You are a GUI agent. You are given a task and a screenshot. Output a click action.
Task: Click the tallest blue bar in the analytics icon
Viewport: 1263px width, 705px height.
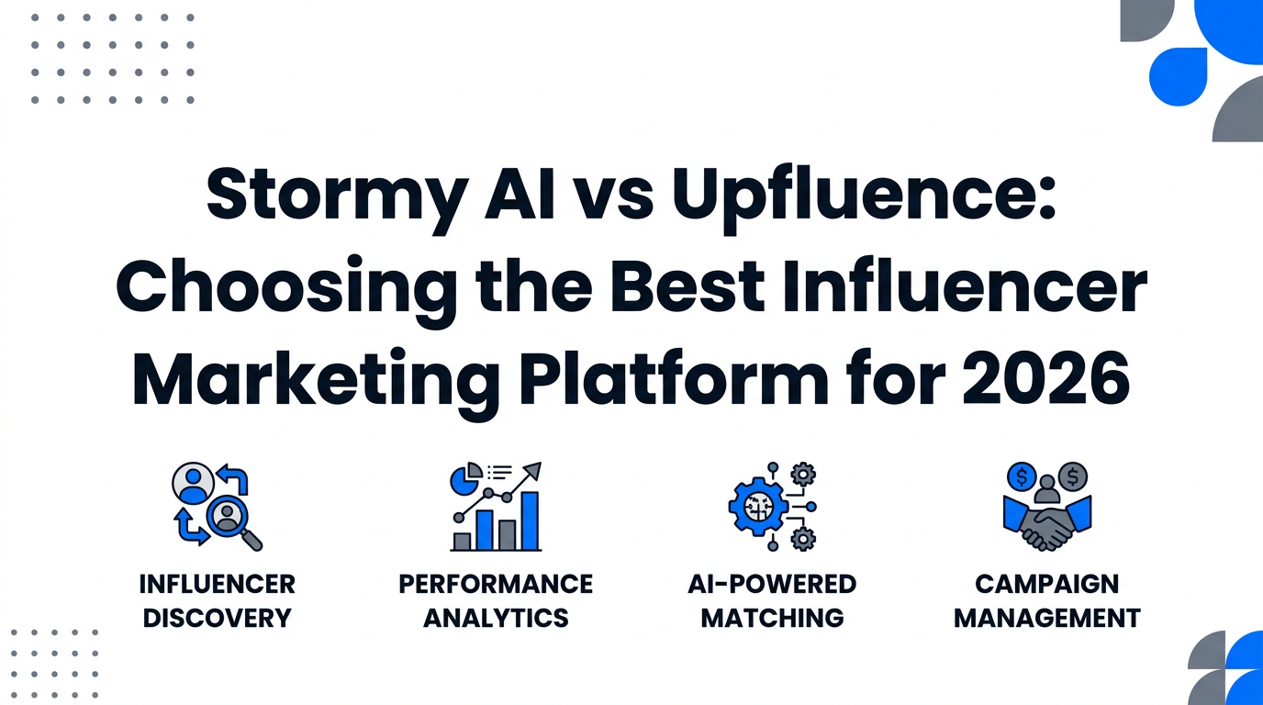529,520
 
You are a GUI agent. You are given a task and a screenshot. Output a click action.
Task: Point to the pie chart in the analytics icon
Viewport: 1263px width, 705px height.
465,478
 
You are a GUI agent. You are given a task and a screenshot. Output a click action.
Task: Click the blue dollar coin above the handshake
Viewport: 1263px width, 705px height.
1021,476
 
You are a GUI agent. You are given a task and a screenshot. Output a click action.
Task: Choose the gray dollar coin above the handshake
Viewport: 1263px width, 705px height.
1071,476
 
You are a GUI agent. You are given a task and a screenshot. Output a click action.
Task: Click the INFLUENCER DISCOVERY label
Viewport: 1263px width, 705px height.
218,600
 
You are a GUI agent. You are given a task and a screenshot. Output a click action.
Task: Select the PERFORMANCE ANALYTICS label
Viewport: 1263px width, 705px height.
496,600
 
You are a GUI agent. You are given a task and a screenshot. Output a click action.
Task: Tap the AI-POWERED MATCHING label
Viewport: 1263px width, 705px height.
772,600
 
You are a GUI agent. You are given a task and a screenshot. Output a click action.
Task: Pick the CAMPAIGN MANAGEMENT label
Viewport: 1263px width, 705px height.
1047,600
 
